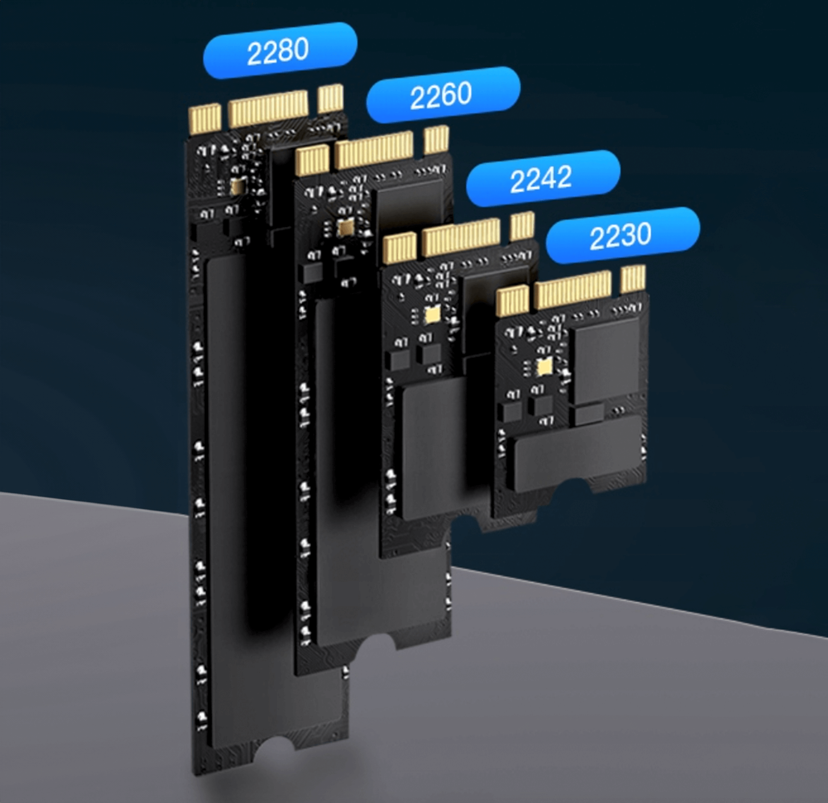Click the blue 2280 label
coord(280,50)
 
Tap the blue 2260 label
coord(443,95)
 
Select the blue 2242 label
coord(543,178)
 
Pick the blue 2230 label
coord(622,235)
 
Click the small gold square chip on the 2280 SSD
coord(238,186)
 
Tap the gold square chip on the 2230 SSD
coord(543,367)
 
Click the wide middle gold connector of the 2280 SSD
coord(268,108)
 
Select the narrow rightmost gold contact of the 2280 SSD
coord(330,98)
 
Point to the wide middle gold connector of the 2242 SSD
coord(462,238)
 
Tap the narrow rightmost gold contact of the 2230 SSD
coord(633,279)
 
